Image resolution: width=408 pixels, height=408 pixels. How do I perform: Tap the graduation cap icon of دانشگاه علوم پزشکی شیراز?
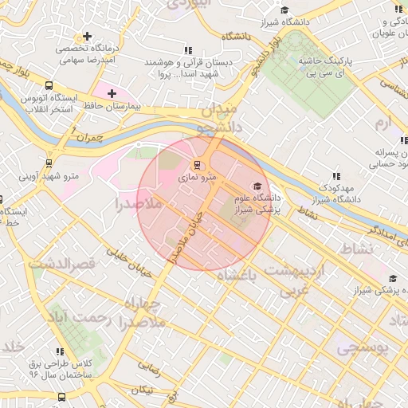(257, 186)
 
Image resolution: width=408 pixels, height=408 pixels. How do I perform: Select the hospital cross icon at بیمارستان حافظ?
(112, 93)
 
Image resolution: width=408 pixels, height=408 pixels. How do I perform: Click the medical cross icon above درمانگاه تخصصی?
(85, 37)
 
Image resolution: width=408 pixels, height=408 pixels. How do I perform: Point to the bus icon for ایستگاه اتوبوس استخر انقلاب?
(50, 85)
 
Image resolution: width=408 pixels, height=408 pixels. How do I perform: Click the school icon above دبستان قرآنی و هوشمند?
(188, 49)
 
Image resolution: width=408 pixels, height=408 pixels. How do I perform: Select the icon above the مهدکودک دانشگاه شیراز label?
(335, 175)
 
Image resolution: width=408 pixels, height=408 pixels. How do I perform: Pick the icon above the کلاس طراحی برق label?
(61, 351)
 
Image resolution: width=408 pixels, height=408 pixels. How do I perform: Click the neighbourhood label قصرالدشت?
(62, 262)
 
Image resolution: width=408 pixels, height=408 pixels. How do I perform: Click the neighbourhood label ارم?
(385, 124)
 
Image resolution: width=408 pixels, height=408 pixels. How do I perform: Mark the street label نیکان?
(143, 390)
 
